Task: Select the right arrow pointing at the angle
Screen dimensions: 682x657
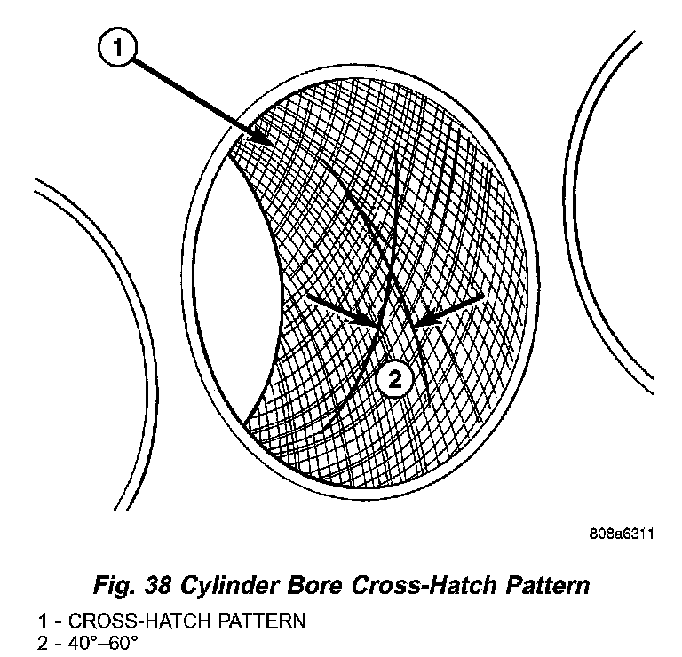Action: tap(449, 306)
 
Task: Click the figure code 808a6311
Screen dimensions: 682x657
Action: tap(621, 534)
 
